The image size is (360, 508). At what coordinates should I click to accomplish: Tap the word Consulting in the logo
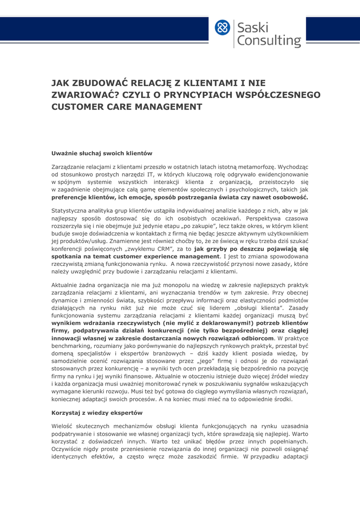point(269,41)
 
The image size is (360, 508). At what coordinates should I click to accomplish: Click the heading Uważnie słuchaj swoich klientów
point(102,153)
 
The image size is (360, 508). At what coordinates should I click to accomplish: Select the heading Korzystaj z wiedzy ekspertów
point(97,413)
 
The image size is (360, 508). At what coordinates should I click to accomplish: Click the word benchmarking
point(73,345)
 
